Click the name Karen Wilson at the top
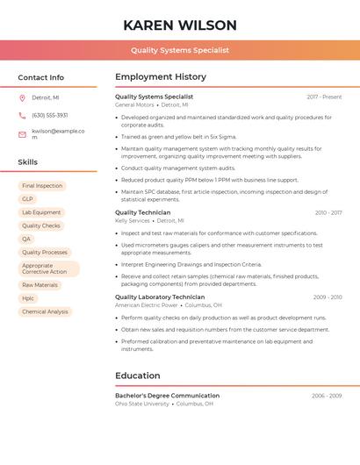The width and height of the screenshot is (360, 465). [180, 25]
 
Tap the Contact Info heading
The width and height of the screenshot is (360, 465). [41, 77]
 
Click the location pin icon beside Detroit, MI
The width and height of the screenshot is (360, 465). [22, 97]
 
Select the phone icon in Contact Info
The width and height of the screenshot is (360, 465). [22, 115]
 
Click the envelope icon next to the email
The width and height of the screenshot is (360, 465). [22, 133]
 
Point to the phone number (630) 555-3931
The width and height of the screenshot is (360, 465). [49, 115]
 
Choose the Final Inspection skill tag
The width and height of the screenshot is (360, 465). [42, 186]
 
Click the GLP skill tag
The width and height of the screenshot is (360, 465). [28, 199]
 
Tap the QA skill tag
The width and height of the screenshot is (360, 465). [27, 239]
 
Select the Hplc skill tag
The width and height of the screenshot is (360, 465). [29, 298]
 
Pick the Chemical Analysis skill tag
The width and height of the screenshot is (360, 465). [45, 311]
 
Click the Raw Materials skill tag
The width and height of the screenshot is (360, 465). [40, 285]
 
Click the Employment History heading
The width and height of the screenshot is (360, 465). [161, 77]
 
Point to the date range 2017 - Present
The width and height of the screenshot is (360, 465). [324, 97]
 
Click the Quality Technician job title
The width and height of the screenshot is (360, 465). [143, 212]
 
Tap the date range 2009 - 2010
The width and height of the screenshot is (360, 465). [327, 297]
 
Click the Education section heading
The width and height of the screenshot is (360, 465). [138, 376]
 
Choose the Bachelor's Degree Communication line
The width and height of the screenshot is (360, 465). [167, 396]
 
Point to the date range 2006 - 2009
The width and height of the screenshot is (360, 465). [327, 396]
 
